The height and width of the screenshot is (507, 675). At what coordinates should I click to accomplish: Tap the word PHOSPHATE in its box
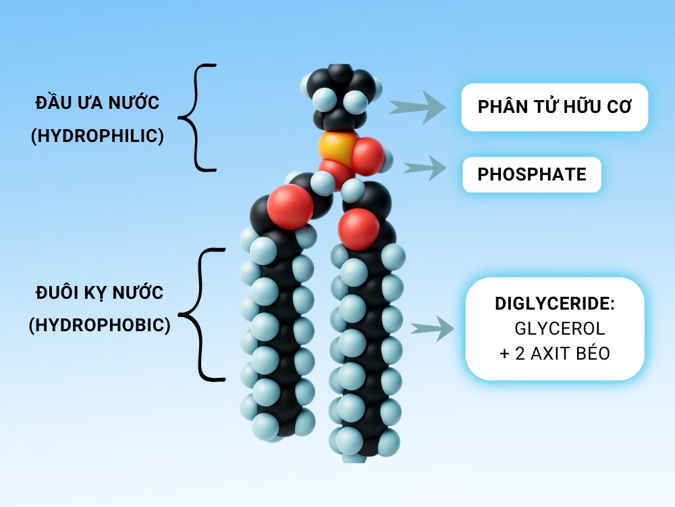(x=532, y=174)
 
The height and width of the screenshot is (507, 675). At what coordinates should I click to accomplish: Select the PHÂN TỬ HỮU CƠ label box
(x=554, y=107)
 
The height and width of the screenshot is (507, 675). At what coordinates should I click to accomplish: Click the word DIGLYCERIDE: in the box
(x=555, y=304)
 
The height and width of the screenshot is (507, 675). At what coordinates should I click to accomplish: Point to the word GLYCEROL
(x=560, y=329)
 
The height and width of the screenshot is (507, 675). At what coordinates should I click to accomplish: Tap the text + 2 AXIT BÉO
(x=555, y=353)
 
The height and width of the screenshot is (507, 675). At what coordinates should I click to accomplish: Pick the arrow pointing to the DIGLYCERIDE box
(x=431, y=329)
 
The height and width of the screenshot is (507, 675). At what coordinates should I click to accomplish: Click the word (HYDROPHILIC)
(x=98, y=136)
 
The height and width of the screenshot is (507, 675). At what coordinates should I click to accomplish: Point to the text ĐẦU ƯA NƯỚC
(x=98, y=103)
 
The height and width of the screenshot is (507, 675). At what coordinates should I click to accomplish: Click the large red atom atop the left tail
(x=290, y=208)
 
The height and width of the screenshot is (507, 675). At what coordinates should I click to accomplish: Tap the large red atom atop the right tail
(x=358, y=228)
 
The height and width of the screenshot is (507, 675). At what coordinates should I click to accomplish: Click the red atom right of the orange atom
(x=369, y=155)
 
